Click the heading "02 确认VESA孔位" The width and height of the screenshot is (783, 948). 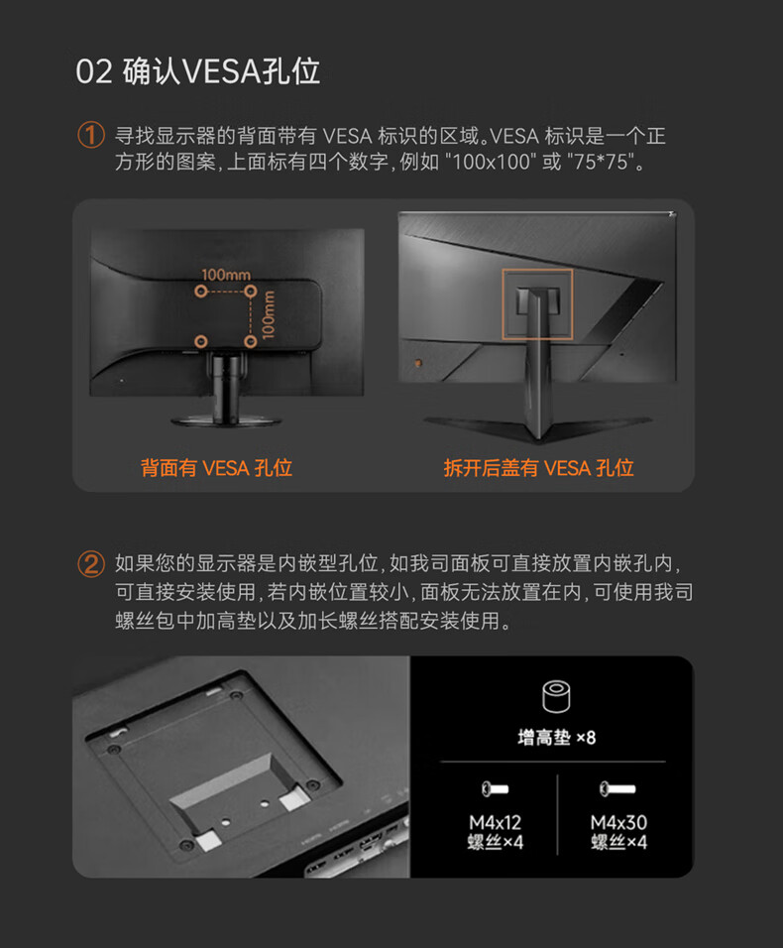[x=197, y=71]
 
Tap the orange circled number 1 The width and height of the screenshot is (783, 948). [x=91, y=135]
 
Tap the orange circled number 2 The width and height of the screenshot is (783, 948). [x=91, y=564]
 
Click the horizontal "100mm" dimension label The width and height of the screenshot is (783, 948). [x=226, y=275]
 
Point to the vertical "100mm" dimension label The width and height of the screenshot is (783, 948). [x=269, y=315]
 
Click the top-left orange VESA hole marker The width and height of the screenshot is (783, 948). [x=201, y=292]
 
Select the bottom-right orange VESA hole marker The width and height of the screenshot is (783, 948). [x=251, y=341]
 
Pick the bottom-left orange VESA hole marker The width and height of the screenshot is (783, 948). [x=201, y=341]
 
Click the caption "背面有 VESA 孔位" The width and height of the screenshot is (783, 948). [x=216, y=468]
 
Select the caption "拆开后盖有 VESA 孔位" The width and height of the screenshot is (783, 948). [x=539, y=468]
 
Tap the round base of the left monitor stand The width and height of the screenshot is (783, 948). [x=226, y=420]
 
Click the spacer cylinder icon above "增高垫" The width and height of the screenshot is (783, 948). [x=556, y=696]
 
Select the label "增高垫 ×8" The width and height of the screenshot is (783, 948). [x=556, y=738]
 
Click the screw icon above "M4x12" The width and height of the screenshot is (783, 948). [x=495, y=789]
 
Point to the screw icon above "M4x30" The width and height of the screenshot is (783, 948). [x=617, y=789]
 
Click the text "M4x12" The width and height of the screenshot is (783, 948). [x=495, y=822]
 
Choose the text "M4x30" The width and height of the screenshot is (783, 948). [x=618, y=822]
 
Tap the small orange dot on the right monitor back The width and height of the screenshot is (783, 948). [x=418, y=363]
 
